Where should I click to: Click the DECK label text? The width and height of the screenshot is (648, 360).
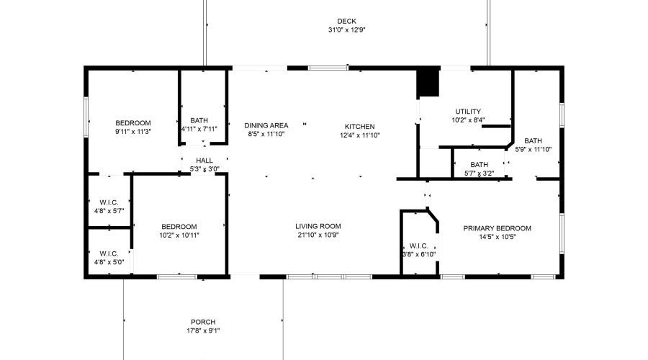[x=346, y=21]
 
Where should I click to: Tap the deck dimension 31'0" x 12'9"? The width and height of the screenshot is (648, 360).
[x=346, y=30]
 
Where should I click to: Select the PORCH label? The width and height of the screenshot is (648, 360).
[x=203, y=322]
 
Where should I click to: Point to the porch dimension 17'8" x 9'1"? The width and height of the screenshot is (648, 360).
[x=203, y=331]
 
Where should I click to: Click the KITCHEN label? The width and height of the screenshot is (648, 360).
[x=359, y=126]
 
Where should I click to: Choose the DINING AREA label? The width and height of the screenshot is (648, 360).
[x=266, y=125]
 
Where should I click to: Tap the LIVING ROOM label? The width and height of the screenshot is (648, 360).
[x=319, y=226]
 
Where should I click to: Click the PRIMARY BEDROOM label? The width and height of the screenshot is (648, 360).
[x=497, y=228]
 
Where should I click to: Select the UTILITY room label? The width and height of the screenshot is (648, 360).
[x=468, y=112]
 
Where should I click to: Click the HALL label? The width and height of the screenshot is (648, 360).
[x=204, y=161]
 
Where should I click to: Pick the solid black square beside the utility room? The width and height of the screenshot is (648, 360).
[x=428, y=82]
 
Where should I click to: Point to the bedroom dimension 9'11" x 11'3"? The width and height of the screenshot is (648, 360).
[x=133, y=132]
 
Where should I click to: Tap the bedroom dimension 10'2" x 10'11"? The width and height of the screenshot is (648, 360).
[x=179, y=235]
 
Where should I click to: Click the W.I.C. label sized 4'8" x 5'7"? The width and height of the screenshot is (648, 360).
[x=109, y=202]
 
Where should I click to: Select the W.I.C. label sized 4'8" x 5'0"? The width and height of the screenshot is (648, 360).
[x=109, y=253]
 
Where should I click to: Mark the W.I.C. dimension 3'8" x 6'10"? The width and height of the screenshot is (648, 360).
[x=418, y=254]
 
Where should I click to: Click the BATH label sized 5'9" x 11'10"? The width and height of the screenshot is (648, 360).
[x=534, y=140]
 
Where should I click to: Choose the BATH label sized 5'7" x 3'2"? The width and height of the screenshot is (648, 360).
[x=480, y=164]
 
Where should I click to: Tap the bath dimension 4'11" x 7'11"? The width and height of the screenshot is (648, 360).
[x=200, y=130]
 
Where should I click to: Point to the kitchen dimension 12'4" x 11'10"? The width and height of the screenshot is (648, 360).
[x=359, y=135]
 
